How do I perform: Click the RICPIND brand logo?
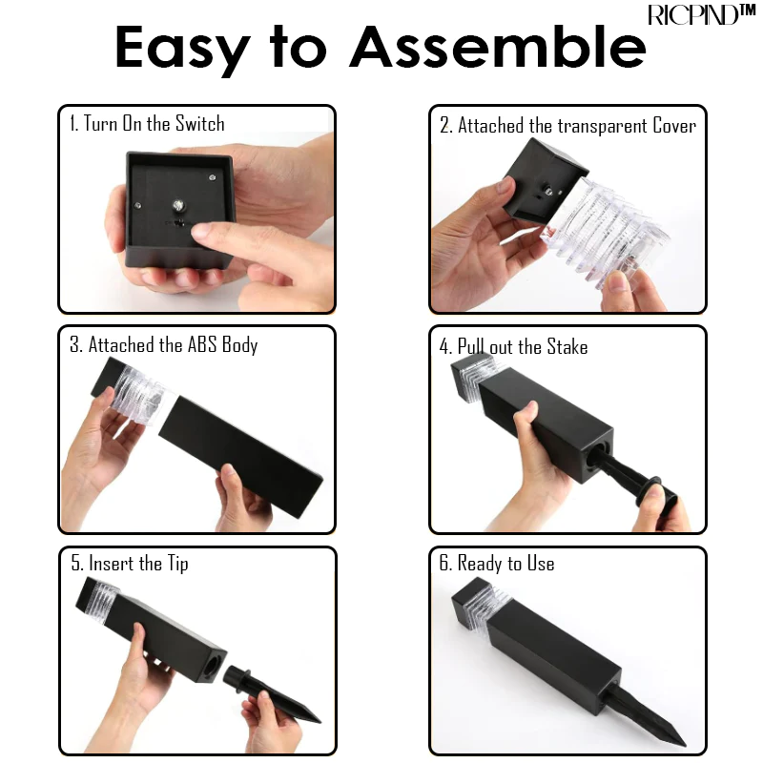[701, 14]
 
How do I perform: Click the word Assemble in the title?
[498, 47]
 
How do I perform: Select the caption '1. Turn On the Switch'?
[147, 123]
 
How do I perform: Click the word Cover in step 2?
[674, 126]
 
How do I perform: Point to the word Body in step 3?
[240, 345]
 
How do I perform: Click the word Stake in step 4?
[567, 346]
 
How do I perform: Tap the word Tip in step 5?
[178, 564]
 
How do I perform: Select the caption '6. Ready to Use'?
[497, 564]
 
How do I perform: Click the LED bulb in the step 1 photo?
[178, 205]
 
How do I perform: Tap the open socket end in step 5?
[213, 666]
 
